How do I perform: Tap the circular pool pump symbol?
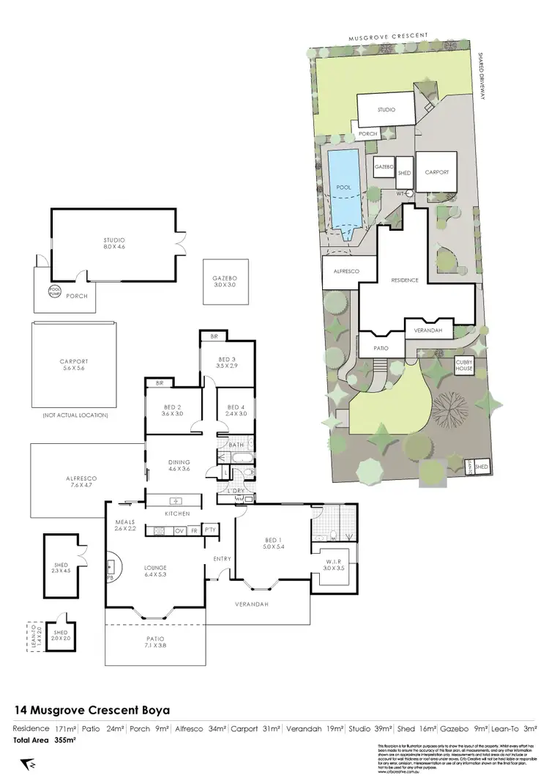53,289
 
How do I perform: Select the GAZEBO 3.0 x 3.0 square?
225,283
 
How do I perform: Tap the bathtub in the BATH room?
241,457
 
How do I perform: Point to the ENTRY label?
222,559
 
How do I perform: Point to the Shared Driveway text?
483,73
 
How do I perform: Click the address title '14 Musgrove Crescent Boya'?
93,710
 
